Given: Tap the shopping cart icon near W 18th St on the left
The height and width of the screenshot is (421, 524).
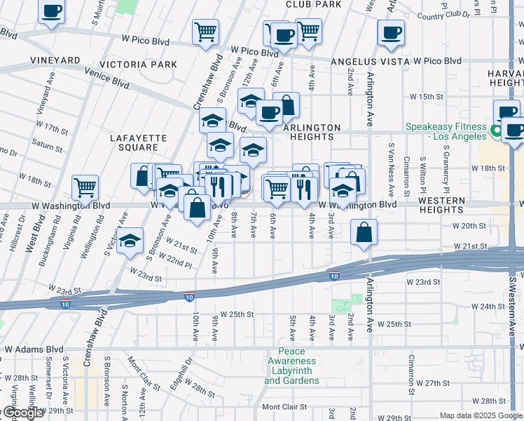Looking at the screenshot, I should point(85,187).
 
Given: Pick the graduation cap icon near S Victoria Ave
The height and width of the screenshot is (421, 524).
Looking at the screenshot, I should point(130,241).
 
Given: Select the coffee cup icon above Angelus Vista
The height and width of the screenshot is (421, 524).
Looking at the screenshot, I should point(391,32).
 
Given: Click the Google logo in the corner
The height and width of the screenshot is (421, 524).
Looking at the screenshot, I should point(22,413).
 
